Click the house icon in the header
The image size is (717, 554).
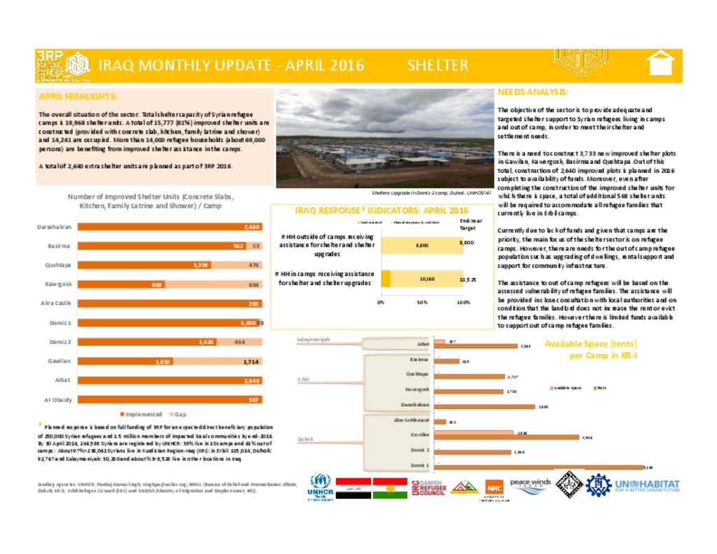pos(660,64)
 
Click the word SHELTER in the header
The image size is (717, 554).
pos(438,65)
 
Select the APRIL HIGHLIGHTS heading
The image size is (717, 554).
pos(78,97)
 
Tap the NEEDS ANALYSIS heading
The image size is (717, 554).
pos(532,92)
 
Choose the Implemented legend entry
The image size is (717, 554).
pos(143,414)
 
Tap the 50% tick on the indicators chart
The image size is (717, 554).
pos(422,303)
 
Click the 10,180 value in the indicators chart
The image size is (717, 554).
pos(426,279)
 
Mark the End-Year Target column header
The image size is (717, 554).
pos(466,224)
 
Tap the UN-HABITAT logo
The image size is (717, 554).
pos(646,486)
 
